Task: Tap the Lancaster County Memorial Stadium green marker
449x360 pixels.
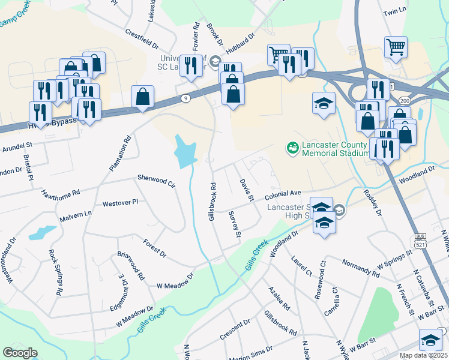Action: [293, 146]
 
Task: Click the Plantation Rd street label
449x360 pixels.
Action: [120, 154]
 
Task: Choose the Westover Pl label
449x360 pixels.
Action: [120, 203]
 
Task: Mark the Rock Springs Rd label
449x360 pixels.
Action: [56, 272]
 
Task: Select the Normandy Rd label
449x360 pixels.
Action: [360, 268]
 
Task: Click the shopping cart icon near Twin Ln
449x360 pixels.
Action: [396, 46]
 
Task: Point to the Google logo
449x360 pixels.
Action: [20, 353]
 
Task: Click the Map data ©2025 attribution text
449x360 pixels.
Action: [423, 355]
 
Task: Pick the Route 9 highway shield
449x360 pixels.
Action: [186, 98]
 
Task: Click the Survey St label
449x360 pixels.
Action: [235, 224]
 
